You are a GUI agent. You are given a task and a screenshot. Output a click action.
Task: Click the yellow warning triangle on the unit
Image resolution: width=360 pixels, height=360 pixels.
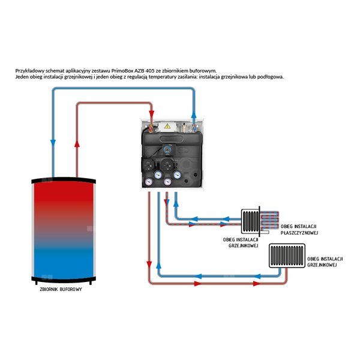point(167,126)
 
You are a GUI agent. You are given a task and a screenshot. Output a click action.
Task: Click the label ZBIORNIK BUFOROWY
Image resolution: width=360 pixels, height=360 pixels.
point(61,289)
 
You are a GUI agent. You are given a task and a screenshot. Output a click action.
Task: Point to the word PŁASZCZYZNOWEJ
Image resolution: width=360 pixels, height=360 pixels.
point(299,233)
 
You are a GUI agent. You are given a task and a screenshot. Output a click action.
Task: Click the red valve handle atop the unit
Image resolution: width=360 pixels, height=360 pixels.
point(151,127)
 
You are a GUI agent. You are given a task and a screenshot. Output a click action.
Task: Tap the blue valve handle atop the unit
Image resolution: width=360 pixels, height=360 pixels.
point(194,127)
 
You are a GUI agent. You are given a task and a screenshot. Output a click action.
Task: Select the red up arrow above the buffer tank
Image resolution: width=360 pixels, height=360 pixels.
point(77,144)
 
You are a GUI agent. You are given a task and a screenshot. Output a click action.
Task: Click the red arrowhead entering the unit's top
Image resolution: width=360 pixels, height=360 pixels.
point(152,114)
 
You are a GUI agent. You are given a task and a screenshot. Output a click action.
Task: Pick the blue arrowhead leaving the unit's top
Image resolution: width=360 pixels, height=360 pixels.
point(194,115)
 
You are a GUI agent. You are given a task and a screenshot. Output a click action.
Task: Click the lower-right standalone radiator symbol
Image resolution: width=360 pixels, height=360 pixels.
point(287,256)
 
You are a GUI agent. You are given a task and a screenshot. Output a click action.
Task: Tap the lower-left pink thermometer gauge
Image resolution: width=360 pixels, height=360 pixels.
point(149,182)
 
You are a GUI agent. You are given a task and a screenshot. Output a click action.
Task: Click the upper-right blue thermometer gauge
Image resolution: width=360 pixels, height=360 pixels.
point(177,175)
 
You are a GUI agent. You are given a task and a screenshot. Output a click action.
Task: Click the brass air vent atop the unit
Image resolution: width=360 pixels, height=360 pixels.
point(184,127)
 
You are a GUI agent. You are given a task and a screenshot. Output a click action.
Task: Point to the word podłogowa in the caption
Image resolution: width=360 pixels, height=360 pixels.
point(271,77)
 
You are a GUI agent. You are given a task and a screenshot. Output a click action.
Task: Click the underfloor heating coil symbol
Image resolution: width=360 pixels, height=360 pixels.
point(269,220)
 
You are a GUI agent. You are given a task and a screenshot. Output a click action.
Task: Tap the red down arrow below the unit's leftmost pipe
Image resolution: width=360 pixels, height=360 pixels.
point(149,265)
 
